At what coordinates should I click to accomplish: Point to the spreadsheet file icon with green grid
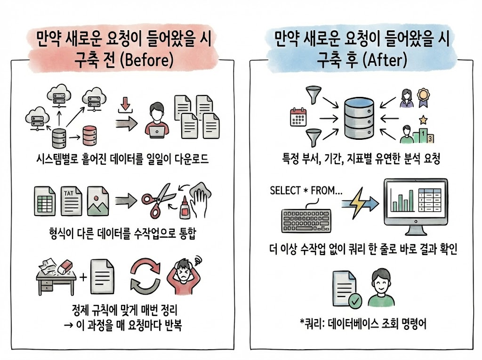(44, 200)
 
